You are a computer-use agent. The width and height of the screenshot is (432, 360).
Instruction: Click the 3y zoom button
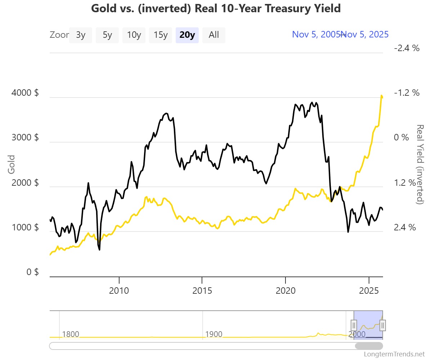point(81,35)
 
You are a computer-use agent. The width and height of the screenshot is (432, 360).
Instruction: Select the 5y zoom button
point(107,35)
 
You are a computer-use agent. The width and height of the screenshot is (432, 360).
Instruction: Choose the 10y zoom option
point(134,35)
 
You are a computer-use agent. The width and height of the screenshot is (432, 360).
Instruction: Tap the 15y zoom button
point(161,35)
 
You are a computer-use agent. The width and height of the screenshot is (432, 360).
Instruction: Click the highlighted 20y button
point(187,35)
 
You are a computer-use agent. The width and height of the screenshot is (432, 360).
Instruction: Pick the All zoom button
point(214,35)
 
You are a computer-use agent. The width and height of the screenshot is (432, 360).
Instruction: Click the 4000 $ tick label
point(25,93)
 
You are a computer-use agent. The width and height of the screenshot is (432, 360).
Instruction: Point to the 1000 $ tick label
point(25,227)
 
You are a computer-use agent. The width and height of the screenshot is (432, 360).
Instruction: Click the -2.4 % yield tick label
point(407,48)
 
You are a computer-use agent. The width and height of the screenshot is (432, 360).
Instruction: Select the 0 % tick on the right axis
point(401,138)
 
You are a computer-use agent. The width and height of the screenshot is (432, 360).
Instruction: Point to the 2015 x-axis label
point(202,290)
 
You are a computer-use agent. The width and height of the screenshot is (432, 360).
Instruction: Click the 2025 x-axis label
point(369,290)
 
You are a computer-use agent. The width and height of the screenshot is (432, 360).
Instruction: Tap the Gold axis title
point(12,164)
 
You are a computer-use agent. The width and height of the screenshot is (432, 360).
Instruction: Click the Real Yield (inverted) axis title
point(420,164)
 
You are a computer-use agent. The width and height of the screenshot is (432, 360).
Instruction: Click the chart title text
point(216,8)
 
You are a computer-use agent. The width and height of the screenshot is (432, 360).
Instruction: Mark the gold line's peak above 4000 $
point(381,95)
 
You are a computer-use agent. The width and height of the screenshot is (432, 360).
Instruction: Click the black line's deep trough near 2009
point(99,249)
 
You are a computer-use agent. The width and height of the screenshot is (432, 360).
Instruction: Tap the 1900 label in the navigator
point(213,334)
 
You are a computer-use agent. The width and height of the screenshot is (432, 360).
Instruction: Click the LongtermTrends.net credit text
point(395,354)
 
